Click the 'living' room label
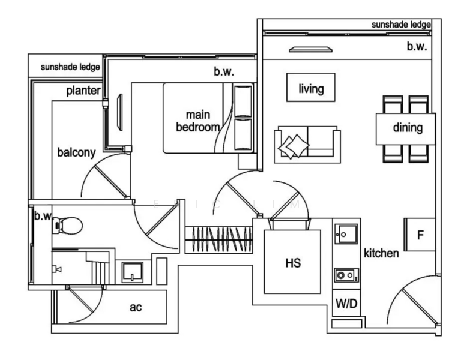click(311, 89)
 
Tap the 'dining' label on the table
click(408, 127)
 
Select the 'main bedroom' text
click(197, 121)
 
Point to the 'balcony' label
click(76, 152)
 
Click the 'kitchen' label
click(381, 253)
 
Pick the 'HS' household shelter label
click(292, 263)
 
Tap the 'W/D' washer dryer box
click(346, 304)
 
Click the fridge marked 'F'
click(420, 235)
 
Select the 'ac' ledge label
click(136, 307)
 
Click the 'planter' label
click(83, 91)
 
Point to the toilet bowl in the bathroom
click(67, 226)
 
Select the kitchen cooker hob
click(346, 275)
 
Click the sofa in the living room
click(307, 145)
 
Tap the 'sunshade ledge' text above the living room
click(401, 25)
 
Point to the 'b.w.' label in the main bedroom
click(224, 71)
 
